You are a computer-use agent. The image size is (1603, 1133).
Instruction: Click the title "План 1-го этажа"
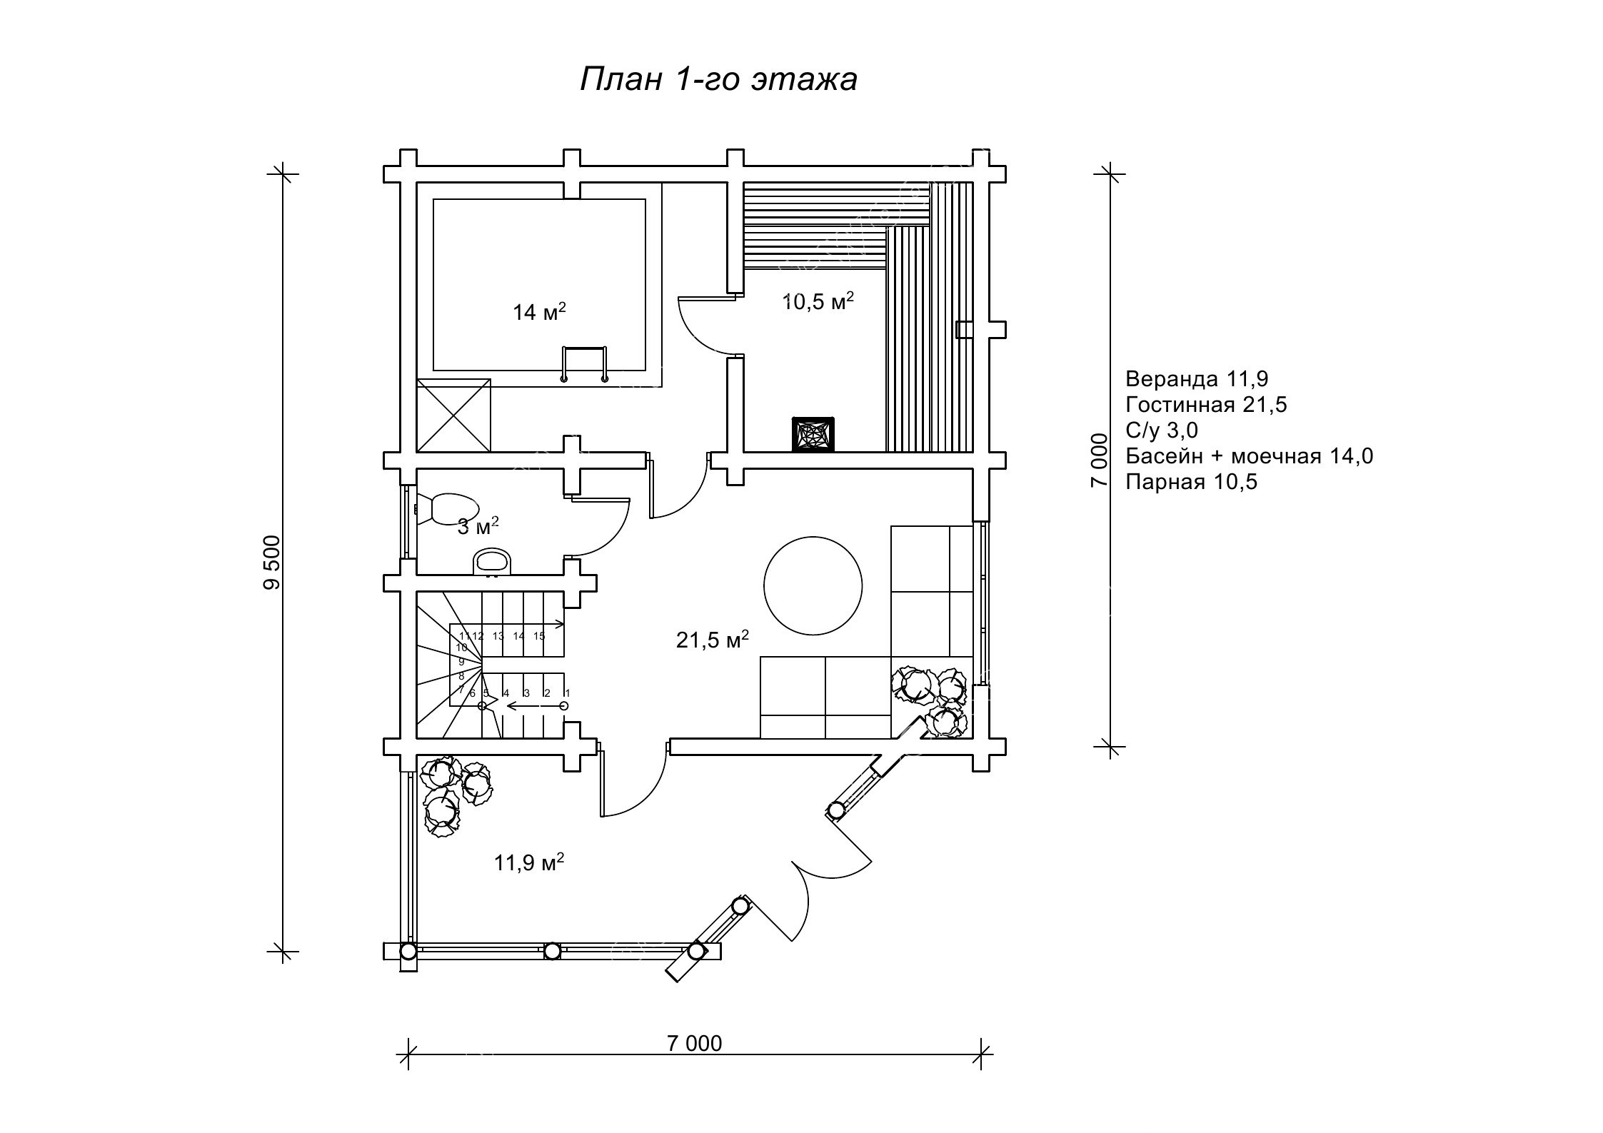coord(718,80)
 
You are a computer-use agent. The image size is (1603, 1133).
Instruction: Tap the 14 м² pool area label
coord(539,312)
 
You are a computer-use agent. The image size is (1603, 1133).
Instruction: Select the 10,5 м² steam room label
coord(818,302)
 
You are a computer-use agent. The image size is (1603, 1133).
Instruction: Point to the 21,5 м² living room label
coord(712,640)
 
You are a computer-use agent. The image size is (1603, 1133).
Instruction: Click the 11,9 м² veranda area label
coord(529,862)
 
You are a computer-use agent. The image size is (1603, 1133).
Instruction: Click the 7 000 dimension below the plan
coord(694,1043)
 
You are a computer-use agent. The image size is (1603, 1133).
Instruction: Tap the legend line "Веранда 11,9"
coord(1197,378)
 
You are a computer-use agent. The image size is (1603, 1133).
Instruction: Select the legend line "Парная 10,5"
coord(1191,482)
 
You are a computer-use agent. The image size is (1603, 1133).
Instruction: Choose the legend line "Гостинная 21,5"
coord(1206,405)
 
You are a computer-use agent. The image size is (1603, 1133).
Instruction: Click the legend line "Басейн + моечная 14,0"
coord(1249,455)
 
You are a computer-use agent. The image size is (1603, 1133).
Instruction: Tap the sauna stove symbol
coord(812,433)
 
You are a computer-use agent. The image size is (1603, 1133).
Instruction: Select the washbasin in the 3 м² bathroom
coord(492,561)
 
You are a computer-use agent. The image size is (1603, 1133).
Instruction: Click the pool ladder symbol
coord(585,363)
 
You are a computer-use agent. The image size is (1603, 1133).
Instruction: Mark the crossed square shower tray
coord(453,415)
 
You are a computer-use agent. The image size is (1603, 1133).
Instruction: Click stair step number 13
coord(498,635)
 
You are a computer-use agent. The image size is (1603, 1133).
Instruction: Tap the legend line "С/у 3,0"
coord(1161,430)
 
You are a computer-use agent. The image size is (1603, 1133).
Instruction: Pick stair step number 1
coord(567,693)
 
